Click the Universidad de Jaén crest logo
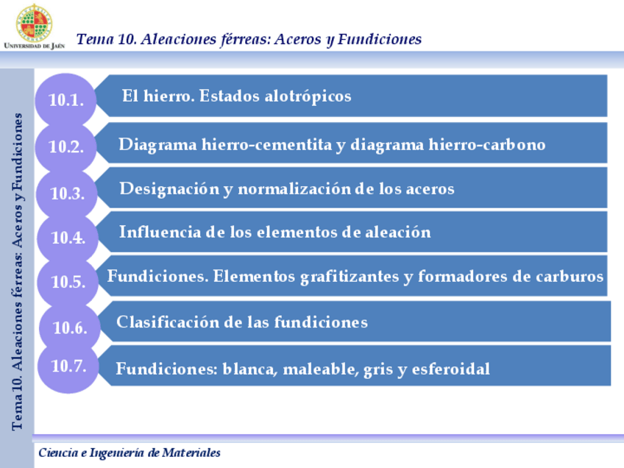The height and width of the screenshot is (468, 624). (x=34, y=22)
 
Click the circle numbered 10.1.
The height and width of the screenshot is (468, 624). (x=66, y=101)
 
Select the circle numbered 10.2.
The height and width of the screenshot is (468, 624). (x=66, y=146)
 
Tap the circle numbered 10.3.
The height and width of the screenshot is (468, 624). (x=68, y=194)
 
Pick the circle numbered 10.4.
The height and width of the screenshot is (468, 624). (x=68, y=238)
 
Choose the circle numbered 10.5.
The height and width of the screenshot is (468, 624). (x=68, y=281)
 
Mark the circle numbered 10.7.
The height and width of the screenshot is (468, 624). (x=69, y=366)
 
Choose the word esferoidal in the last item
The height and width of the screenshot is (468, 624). (x=450, y=369)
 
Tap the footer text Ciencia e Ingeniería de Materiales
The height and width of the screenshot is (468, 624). (x=129, y=453)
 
